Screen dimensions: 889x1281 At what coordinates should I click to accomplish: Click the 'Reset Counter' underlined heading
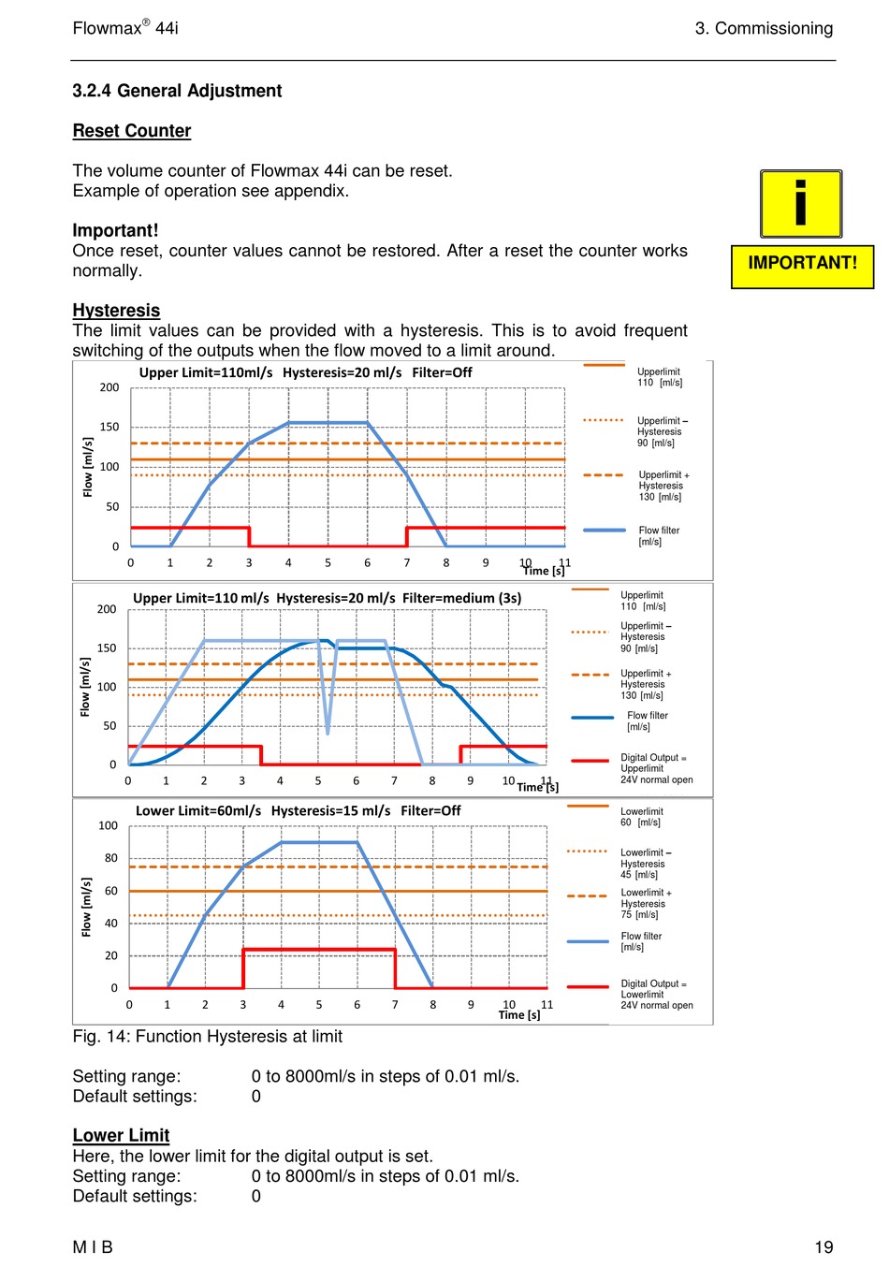132,131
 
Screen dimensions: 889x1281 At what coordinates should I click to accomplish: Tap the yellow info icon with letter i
800,204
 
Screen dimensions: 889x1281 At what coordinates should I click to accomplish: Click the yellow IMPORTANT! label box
802,267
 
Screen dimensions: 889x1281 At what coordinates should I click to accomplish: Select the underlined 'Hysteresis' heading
116,310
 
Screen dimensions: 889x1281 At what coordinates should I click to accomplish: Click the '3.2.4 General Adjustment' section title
177,91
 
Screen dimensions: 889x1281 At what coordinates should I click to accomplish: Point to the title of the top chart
305,372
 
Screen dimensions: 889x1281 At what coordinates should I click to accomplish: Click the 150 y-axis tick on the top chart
109,427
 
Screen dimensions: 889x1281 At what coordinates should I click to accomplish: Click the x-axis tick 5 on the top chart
328,562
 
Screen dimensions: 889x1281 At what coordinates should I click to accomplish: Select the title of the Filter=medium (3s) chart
327,598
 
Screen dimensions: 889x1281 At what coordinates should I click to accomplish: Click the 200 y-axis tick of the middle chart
107,609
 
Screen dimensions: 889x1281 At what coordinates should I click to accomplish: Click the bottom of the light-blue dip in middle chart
328,734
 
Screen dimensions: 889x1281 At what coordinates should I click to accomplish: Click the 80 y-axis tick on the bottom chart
110,858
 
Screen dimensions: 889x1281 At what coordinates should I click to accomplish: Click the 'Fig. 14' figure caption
207,1036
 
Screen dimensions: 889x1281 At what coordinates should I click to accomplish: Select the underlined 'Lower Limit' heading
121,1135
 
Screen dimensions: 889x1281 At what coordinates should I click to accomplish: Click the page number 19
823,1247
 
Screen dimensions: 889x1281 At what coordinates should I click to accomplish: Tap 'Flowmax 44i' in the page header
125,27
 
